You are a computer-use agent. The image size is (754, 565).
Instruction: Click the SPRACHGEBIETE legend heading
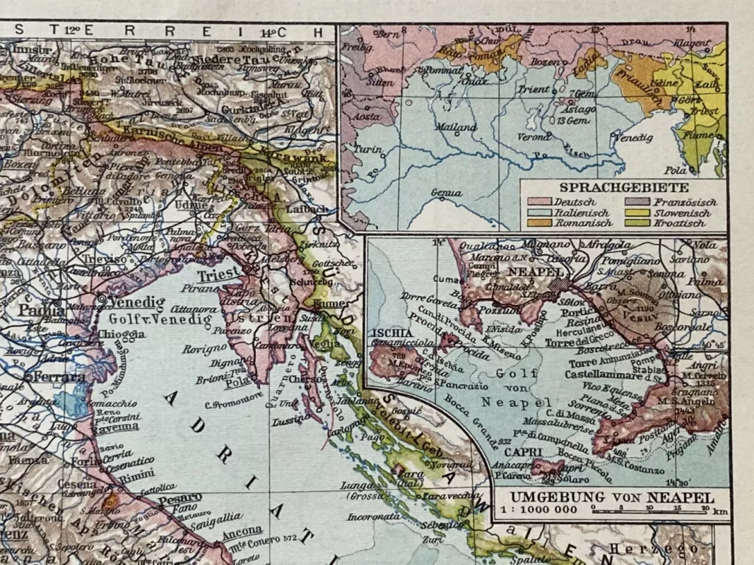click(x=624, y=188)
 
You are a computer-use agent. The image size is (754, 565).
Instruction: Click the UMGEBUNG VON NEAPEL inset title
click(x=612, y=496)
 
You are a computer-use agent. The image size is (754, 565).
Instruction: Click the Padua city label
click(x=43, y=309)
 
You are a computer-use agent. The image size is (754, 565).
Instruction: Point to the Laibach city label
click(x=306, y=210)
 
